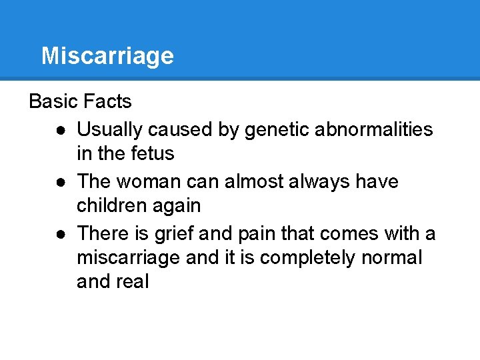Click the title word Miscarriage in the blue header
click(107, 56)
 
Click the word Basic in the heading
click(54, 101)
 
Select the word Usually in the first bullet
click(109, 129)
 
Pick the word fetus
click(154, 153)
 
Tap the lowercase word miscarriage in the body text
click(128, 257)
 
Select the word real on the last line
click(132, 281)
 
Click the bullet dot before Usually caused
click(61, 129)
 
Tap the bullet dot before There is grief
click(61, 233)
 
